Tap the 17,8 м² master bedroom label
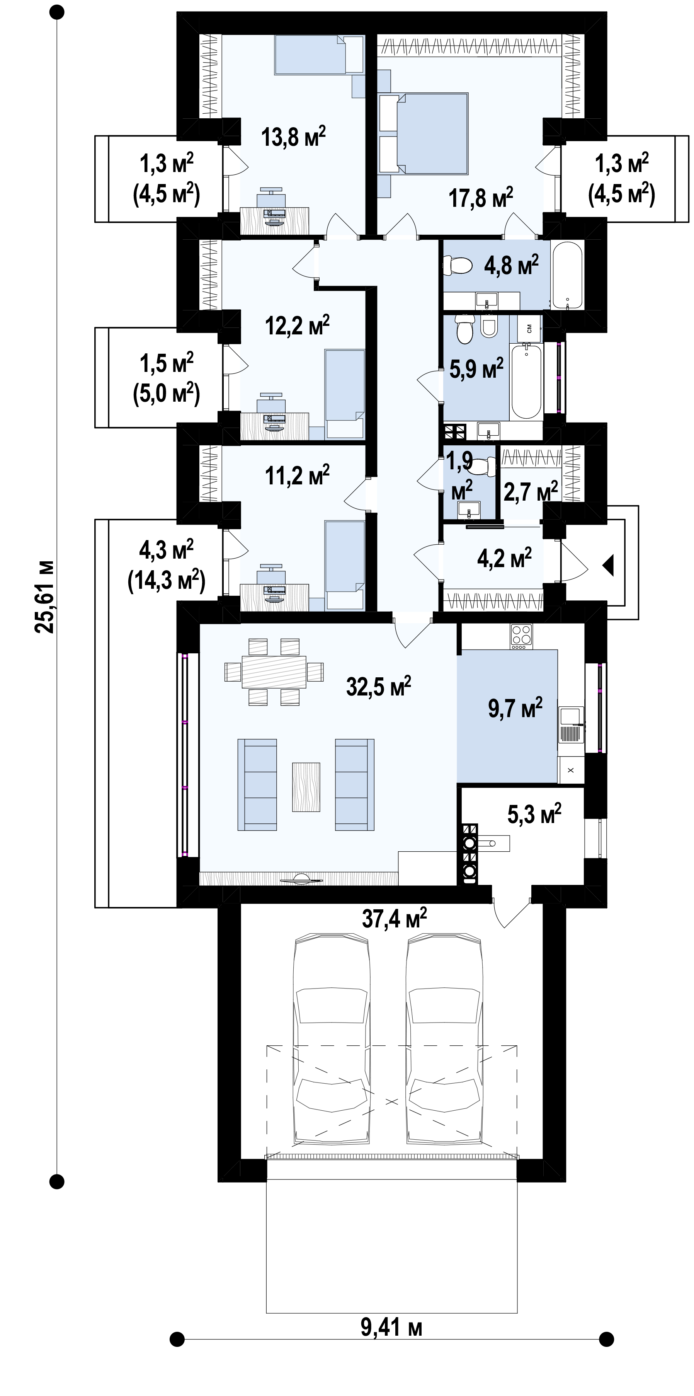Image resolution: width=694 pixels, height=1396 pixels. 481,197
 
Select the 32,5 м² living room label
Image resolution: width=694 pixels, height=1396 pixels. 379,686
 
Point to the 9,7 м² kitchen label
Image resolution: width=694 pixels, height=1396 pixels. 515,708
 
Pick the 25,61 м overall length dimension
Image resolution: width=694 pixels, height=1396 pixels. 44,596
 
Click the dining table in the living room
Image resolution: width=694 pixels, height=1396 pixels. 274,672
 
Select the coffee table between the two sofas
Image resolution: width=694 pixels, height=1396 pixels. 306,787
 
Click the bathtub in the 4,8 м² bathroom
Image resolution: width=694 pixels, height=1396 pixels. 567,275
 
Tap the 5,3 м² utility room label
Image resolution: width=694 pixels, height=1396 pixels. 534,814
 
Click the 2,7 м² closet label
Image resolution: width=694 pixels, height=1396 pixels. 531,492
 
